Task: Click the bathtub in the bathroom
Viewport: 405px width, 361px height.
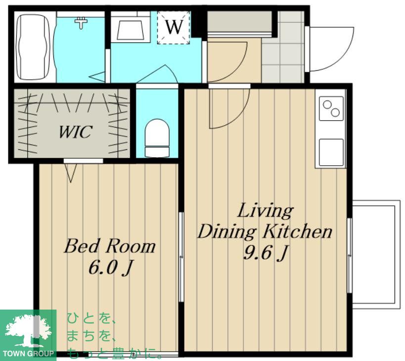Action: coord(33,47)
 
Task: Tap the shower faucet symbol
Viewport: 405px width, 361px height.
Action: coord(81,23)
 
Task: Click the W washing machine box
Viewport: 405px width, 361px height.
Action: coord(174,27)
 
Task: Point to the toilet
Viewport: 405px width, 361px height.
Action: coord(157,138)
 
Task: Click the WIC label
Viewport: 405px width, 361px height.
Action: coord(75,132)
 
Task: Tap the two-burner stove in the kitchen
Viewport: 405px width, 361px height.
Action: coord(331,108)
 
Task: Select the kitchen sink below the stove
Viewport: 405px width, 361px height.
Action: coord(331,152)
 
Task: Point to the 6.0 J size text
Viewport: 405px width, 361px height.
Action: coord(111,268)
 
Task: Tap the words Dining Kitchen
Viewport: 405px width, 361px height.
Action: coord(265,231)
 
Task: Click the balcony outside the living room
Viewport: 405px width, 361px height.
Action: coord(376,254)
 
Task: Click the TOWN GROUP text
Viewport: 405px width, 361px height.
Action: coord(28,353)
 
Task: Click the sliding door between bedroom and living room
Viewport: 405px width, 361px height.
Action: coord(181,257)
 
